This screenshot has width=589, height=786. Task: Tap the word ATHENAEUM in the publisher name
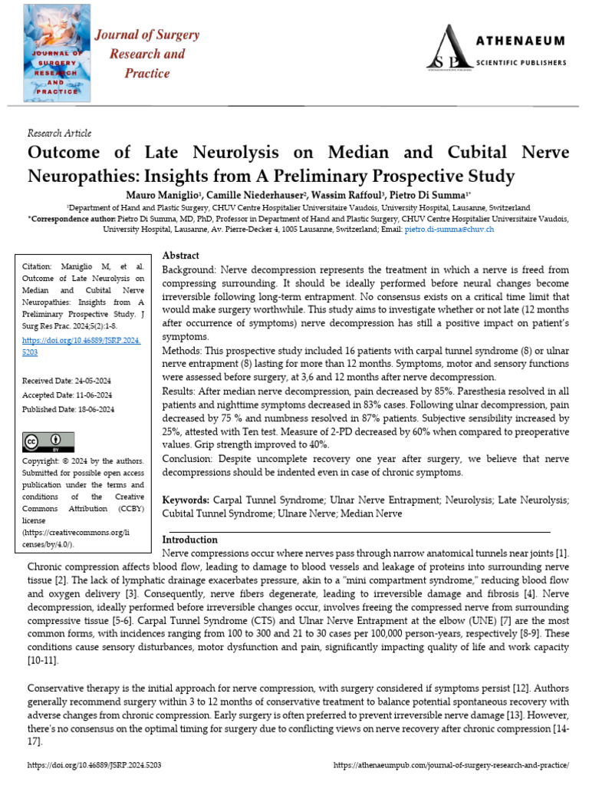[528, 40]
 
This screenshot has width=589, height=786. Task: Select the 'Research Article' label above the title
[59, 133]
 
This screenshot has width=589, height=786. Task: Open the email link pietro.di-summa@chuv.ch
[449, 229]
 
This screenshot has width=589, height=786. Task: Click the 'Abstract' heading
[181, 256]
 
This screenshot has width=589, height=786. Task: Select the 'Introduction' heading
[190, 540]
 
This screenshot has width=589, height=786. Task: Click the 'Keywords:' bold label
[187, 500]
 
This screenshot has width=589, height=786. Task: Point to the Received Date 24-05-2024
[70, 381]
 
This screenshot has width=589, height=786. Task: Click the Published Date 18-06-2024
[71, 410]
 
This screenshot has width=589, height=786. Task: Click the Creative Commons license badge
[48, 441]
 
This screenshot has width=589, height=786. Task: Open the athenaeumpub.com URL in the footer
[452, 765]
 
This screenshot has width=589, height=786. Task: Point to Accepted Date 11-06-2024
[70, 395]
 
